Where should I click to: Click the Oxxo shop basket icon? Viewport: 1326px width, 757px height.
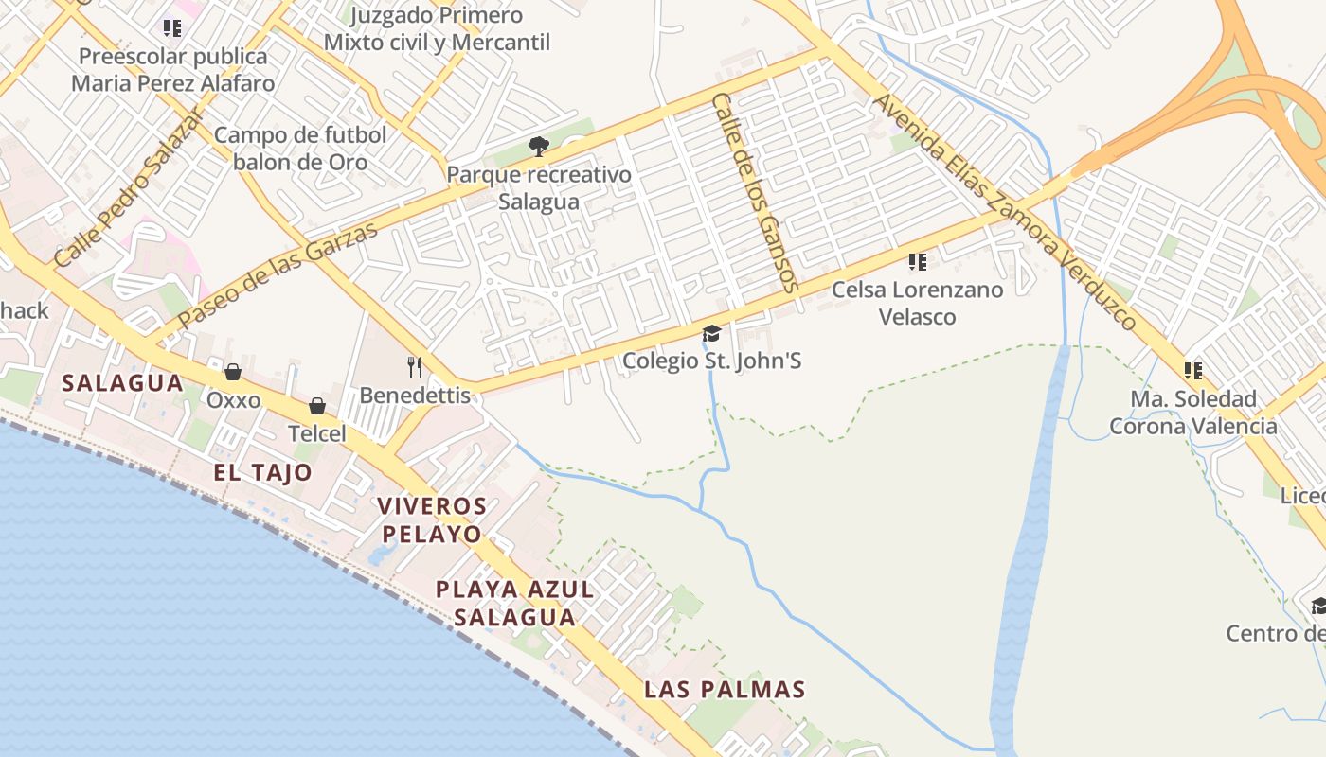(233, 372)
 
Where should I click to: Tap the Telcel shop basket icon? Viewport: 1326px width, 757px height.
(317, 406)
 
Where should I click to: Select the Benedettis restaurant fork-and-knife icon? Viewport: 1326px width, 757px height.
(414, 366)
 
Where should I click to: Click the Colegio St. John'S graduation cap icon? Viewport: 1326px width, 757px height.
(711, 333)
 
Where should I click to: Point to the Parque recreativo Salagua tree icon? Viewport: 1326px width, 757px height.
(539, 146)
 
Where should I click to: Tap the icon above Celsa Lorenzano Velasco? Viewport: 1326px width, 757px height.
(917, 261)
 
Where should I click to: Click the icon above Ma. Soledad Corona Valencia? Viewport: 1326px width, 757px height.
(1192, 370)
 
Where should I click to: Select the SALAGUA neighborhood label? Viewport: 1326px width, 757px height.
(122, 383)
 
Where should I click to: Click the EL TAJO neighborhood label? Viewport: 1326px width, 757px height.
(262, 473)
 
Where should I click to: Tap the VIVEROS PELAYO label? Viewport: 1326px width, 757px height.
(432, 519)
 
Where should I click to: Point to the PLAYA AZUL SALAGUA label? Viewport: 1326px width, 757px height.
(514, 604)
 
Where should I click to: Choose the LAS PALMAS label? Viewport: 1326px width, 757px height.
(725, 690)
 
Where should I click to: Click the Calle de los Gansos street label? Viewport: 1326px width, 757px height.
(755, 192)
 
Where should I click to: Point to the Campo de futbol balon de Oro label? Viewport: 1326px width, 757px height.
(300, 149)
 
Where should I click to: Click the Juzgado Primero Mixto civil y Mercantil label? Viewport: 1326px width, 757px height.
(437, 29)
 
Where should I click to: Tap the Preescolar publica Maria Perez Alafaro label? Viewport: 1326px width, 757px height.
(173, 70)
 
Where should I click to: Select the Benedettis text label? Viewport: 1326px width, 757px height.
(415, 396)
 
